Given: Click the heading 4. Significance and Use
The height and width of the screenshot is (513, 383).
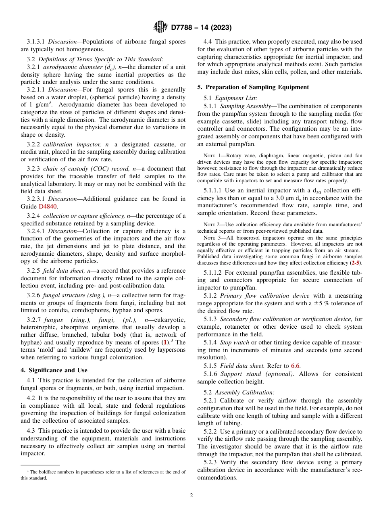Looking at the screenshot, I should [x=54, y=370].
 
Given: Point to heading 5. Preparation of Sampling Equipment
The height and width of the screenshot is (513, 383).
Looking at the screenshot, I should [x=253, y=87].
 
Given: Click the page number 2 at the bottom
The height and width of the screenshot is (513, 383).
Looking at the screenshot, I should [x=191, y=496].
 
